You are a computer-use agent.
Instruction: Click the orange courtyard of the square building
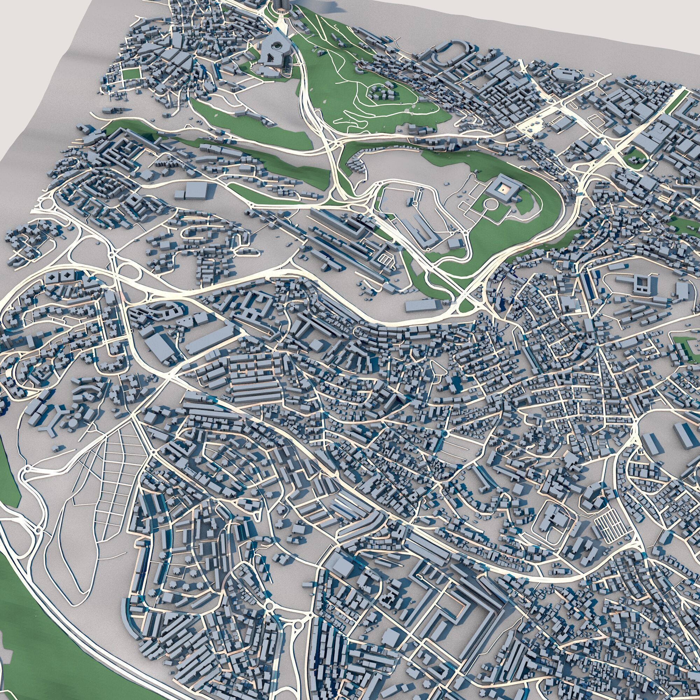coord(503,188)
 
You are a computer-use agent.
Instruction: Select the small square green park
coord(132,74)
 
